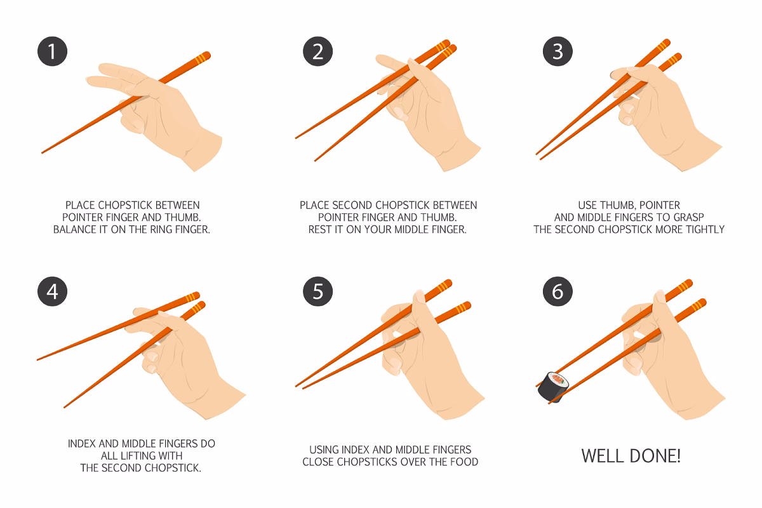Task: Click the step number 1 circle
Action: click(52, 51)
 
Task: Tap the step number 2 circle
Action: click(318, 51)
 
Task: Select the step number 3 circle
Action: click(558, 51)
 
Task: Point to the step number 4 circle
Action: click(52, 291)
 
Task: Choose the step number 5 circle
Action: click(318, 291)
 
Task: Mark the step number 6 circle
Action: click(558, 291)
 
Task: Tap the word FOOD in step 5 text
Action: click(464, 462)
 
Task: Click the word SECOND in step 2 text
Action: click(351, 205)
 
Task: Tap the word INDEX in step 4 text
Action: click(83, 444)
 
